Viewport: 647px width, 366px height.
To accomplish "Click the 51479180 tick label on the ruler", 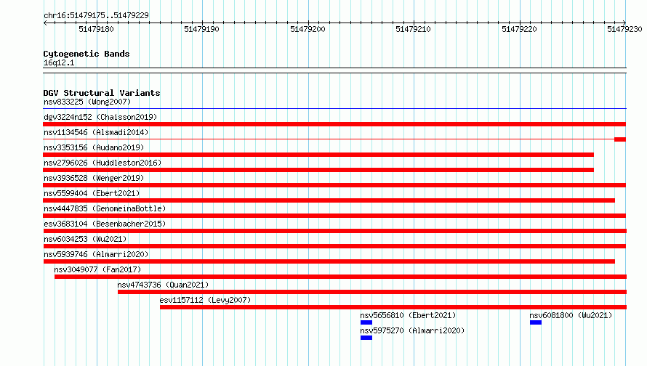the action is (96, 29).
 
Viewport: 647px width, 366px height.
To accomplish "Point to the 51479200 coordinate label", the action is (308, 29).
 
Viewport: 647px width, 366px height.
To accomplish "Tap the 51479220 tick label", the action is (519, 29).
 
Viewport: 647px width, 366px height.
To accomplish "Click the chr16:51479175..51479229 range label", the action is (96, 15).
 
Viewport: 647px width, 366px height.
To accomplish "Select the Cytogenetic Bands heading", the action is (87, 54).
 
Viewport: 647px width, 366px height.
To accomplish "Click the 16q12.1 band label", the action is (59, 62).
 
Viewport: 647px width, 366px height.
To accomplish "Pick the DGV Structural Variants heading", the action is (102, 93).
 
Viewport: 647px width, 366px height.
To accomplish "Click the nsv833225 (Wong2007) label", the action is (87, 102).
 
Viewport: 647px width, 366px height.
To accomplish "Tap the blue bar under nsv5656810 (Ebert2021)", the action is (366, 322).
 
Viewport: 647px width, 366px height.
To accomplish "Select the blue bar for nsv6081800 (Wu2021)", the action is (536, 322).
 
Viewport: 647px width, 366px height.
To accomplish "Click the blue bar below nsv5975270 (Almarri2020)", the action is (366, 338).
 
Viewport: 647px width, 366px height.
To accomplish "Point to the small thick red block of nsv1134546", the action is (620, 139).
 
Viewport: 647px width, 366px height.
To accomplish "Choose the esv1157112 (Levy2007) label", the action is (205, 300).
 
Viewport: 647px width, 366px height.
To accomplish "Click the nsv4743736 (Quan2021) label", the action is (163, 285).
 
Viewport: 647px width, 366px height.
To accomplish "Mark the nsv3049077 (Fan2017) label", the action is (97, 269).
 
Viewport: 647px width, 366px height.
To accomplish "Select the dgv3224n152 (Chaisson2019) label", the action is (100, 117).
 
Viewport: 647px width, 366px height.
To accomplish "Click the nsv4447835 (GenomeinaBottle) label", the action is (105, 208).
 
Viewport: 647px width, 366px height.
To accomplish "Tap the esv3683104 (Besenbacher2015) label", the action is (105, 224).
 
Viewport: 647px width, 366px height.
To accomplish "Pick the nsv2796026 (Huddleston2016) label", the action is (103, 163).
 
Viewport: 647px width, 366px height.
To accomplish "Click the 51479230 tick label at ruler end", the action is (624, 29).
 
